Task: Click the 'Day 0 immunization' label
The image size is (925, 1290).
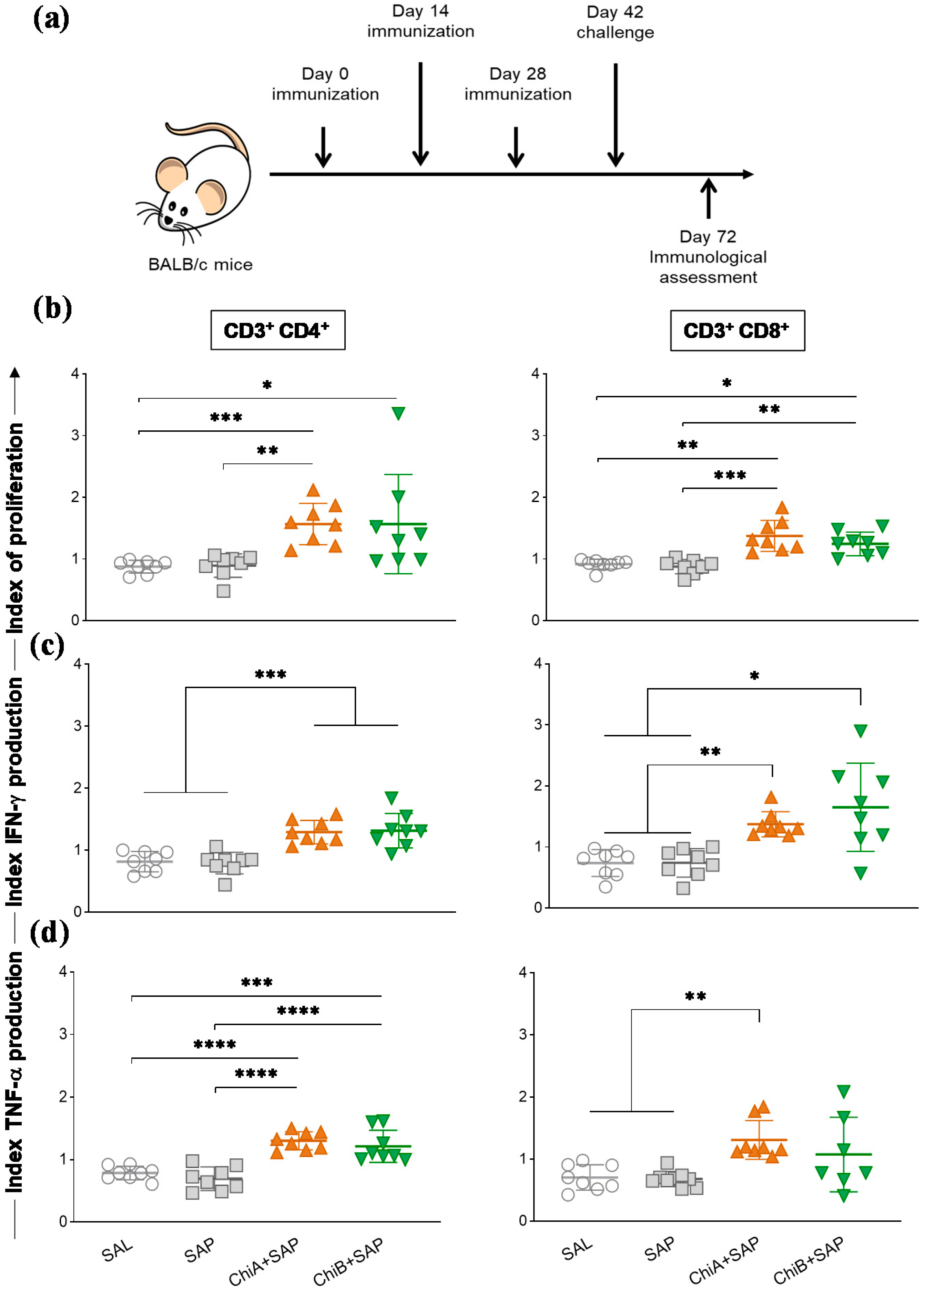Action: pyautogui.click(x=325, y=84)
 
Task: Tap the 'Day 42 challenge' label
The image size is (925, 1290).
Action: pyautogui.click(x=615, y=22)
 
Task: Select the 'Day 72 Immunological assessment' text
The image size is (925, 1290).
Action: pyautogui.click(x=708, y=257)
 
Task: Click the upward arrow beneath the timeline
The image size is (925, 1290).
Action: pyautogui.click(x=708, y=197)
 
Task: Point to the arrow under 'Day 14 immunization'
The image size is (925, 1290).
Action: pyautogui.click(x=420, y=114)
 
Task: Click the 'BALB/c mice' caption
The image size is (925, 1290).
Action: pyautogui.click(x=200, y=265)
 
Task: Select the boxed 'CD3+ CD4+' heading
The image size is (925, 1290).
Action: pyautogui.click(x=278, y=330)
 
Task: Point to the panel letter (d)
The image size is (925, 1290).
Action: pyautogui.click(x=50, y=932)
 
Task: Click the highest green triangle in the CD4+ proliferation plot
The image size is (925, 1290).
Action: pyautogui.click(x=398, y=413)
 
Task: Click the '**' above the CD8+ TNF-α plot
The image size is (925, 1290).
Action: pyautogui.click(x=695, y=996)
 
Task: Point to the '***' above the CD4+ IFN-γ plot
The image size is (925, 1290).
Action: pyautogui.click(x=270, y=675)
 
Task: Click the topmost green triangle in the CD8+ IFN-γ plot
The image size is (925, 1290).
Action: pyautogui.click(x=860, y=731)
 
